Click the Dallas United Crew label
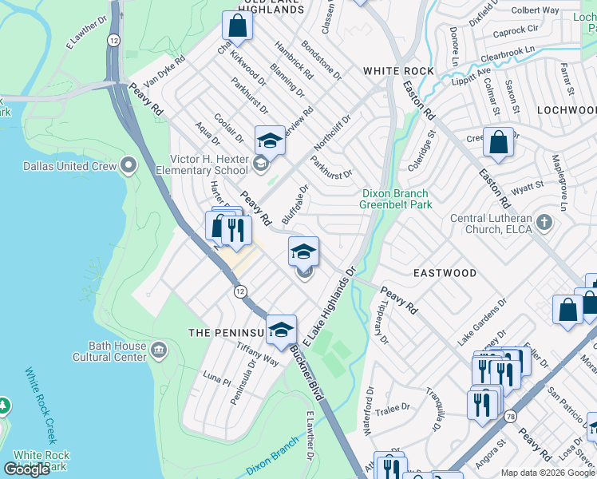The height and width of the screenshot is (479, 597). coord(76,166)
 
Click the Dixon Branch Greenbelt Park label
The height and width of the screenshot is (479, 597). coord(395,199)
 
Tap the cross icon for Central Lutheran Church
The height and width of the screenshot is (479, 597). coord(544,221)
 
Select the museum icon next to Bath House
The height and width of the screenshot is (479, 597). coord(159,350)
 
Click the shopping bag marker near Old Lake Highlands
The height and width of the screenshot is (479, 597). coord(237,26)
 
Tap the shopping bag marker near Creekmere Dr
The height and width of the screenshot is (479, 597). coord(498,143)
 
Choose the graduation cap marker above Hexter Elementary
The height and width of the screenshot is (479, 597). coord(270,141)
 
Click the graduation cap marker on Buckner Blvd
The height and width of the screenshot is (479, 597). coord(281,330)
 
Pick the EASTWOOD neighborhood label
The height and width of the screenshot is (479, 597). coord(445,273)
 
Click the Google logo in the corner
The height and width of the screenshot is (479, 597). coord(27,469)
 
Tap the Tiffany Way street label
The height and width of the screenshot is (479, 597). coord(257,354)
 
